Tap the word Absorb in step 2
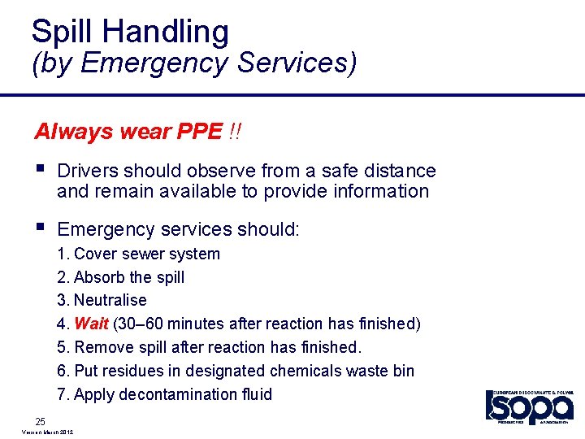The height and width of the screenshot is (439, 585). pos(98,277)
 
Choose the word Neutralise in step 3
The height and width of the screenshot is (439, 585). pos(110,300)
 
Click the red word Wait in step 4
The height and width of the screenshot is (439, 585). pos(91,324)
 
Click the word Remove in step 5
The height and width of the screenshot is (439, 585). pos(102,347)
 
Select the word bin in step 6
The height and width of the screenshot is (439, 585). pos(403,371)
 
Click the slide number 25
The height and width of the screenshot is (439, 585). pos(40,420)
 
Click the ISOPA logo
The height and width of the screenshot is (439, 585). pos(529,406)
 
